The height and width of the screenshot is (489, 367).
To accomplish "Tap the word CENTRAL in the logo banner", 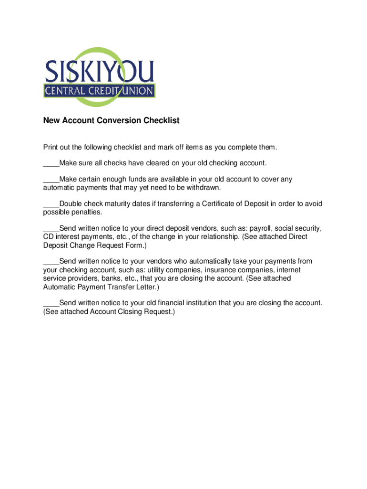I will [64, 91].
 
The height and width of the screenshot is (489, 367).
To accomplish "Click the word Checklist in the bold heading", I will [161, 121].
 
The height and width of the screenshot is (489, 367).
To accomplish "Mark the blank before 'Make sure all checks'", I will [51, 163].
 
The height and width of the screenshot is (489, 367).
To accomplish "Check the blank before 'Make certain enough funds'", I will [51, 180].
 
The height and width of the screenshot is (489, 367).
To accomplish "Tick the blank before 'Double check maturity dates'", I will [51, 204].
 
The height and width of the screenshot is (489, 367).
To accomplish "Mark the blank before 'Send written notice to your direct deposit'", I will [51, 228].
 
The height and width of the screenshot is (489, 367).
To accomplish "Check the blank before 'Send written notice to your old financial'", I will [51, 303].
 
